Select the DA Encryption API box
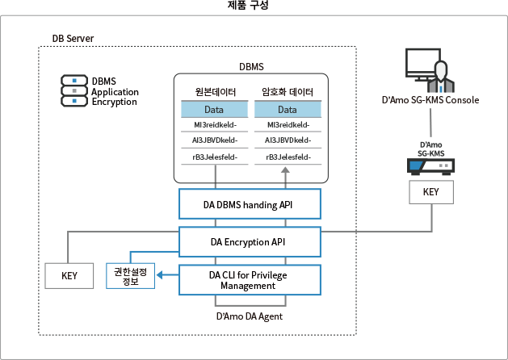pos(249,241)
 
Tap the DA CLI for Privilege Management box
pos(249,280)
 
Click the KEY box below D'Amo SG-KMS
pos(430,193)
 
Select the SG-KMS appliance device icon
pos(430,165)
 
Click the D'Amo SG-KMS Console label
pos(430,101)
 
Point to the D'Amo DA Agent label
pos(249,317)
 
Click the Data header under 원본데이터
pos(213,110)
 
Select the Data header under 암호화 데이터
pos(288,110)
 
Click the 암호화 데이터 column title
pos(288,91)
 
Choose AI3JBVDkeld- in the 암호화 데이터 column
pos(288,140)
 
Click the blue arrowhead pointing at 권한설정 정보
pos(160,276)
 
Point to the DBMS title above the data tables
pos(252,65)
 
